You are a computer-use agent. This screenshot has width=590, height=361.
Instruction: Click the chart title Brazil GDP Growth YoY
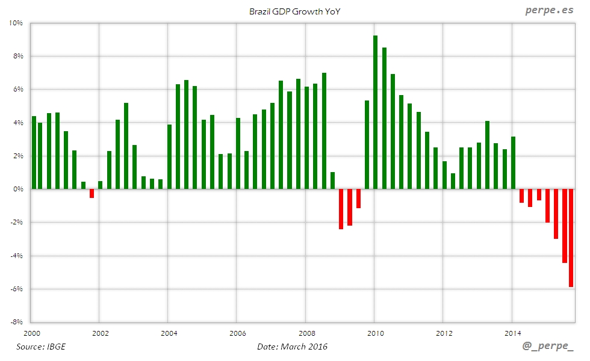(x=294, y=11)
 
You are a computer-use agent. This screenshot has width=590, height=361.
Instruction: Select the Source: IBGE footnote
(x=41, y=347)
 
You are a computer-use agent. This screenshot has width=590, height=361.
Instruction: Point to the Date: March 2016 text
(x=292, y=347)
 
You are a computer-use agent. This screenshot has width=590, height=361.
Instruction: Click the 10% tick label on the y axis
(x=15, y=23)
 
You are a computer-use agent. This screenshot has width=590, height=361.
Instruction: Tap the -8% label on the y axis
(x=15, y=322)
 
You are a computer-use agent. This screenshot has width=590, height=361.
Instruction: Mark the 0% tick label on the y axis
(x=17, y=189)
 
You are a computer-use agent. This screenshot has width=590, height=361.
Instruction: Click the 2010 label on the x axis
(x=375, y=333)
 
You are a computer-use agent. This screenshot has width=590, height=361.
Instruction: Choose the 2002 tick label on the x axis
(x=100, y=333)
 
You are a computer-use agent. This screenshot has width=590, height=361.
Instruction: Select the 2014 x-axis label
(x=513, y=333)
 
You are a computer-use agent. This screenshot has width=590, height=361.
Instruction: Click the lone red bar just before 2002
(x=92, y=193)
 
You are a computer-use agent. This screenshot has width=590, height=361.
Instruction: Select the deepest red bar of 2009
(x=341, y=209)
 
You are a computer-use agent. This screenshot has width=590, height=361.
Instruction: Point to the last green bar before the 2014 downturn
(x=513, y=162)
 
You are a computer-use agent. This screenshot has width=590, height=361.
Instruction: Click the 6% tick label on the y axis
(x=17, y=89)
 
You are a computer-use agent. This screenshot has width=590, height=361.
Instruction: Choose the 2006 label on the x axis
(x=238, y=333)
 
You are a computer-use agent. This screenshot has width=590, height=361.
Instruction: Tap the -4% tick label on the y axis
(x=15, y=256)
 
